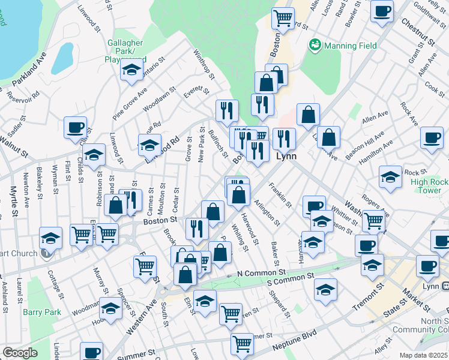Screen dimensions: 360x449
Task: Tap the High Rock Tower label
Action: pyautogui.click(x=430, y=185)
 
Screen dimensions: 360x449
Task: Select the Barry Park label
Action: pyautogui.click(x=42, y=312)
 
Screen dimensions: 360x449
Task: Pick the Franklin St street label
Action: pyautogui.click(x=280, y=195)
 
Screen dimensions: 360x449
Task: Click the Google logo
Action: pyautogui.click(x=20, y=353)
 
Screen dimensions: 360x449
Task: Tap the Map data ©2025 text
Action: pyautogui.click(x=423, y=355)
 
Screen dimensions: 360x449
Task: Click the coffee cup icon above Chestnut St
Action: pyautogui.click(x=382, y=12)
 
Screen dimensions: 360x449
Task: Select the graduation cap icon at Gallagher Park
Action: pyautogui.click(x=131, y=70)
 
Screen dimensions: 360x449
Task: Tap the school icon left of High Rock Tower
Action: pyautogui.click(x=390, y=178)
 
